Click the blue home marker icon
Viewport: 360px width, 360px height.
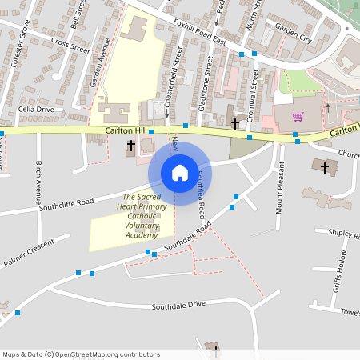tap(180, 172)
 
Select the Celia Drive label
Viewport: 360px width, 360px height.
tap(36, 109)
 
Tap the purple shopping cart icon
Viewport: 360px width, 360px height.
tap(298, 117)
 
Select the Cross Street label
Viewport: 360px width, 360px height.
tap(70, 44)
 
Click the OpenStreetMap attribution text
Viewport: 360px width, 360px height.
tap(81, 354)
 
